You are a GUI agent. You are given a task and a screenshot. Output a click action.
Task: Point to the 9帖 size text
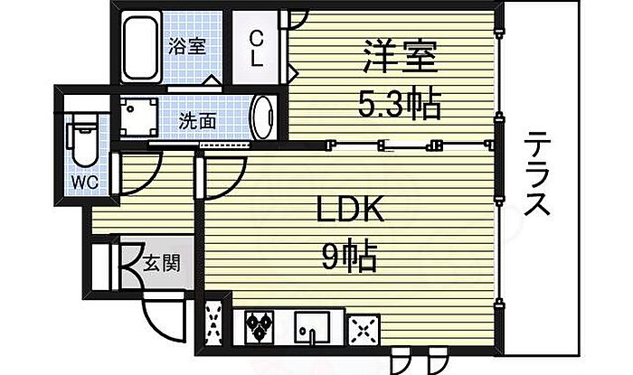pos(347,259)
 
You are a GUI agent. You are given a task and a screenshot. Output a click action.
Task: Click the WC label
pos(85,180)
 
